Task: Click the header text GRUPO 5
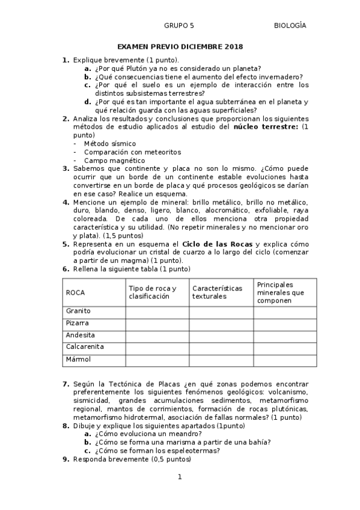(x=178, y=25)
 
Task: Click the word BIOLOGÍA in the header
(x=290, y=25)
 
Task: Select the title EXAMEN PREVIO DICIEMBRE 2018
(x=180, y=46)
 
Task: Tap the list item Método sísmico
(x=110, y=144)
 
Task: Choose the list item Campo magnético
(x=114, y=161)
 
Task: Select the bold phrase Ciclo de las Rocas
(x=218, y=244)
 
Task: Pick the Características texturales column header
(x=217, y=292)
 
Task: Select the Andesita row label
(x=81, y=335)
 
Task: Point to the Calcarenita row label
(x=85, y=347)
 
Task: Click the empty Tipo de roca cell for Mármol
(x=157, y=360)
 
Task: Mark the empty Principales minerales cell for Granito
(x=284, y=312)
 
